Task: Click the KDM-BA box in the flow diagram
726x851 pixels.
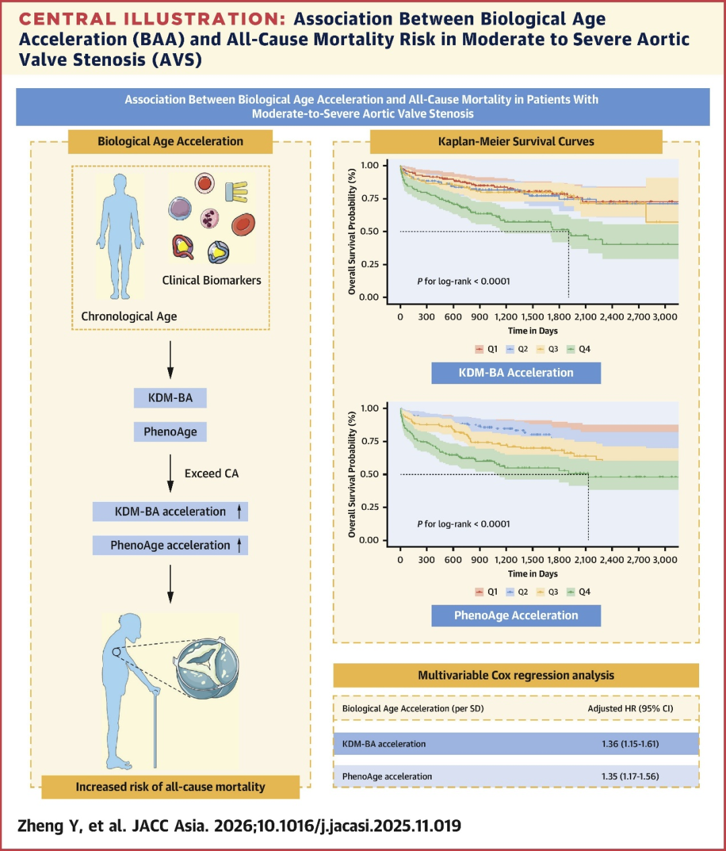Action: (170, 398)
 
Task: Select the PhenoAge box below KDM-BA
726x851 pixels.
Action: (170, 432)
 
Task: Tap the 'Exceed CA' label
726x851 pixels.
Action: (211, 474)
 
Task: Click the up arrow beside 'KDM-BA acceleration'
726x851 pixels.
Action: (239, 511)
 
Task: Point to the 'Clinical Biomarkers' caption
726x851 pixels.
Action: (211, 281)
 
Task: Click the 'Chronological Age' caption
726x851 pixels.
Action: (129, 316)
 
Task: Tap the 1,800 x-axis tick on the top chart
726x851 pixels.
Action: (559, 317)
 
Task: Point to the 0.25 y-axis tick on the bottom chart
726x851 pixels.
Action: (369, 507)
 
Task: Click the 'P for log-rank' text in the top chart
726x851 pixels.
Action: (463, 281)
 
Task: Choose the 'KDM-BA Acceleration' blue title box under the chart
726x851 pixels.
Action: (516, 373)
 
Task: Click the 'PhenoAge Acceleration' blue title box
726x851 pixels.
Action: (516, 616)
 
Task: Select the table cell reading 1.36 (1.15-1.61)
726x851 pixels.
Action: (630, 744)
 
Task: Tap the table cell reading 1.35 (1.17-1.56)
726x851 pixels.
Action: (630, 776)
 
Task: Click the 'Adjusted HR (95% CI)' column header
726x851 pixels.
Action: (630, 708)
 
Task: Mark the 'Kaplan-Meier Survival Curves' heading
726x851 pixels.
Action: (516, 141)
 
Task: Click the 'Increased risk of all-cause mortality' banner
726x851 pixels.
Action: (170, 786)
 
